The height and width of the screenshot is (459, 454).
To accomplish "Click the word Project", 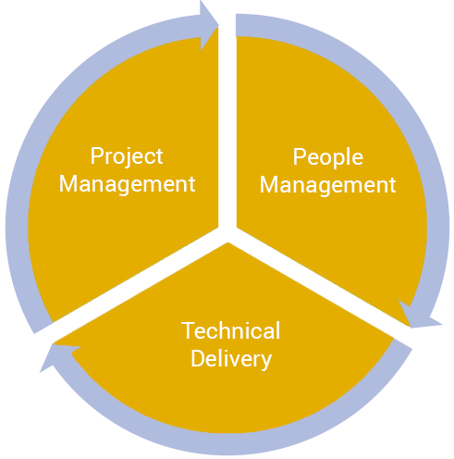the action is coord(127,157).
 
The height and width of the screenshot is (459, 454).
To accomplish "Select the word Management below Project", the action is coord(127,185).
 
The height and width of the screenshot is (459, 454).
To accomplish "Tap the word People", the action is coord(328,158).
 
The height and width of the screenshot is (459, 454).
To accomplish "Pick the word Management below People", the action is coord(327,186).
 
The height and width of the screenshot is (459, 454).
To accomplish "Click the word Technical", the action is coord(231,330).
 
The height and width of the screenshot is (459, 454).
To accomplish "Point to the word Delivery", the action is coord(231,359).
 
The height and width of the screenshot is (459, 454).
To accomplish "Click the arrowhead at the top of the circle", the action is coord(209,25).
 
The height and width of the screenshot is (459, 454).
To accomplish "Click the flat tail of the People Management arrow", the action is coord(236,25).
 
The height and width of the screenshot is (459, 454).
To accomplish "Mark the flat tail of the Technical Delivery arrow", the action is coord(402,344).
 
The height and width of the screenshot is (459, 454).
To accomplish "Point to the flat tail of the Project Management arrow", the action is coord(43,328).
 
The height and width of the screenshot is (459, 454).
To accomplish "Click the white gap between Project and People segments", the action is coord(227,123).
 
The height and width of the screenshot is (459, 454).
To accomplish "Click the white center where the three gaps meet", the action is coord(227,234).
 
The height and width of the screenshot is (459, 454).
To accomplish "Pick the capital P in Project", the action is coord(96,155).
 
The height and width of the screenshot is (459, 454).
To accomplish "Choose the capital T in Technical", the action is coord(188,330).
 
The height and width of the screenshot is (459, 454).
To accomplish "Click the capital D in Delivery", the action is coord(198,358).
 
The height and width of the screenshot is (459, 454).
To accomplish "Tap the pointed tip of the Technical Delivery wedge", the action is coord(227,243).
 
